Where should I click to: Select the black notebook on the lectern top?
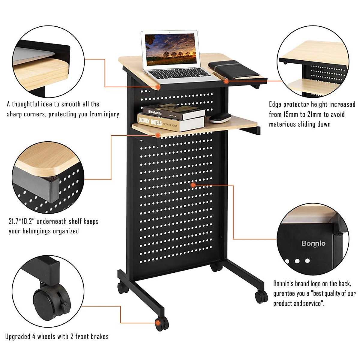click(233, 69)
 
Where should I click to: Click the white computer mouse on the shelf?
click(220, 118)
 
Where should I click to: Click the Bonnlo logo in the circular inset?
click(313, 243)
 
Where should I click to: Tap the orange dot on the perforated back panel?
click(193, 185)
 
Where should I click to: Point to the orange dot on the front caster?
click(158, 323)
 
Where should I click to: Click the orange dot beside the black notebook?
click(226, 81)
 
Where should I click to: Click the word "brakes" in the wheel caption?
click(99, 337)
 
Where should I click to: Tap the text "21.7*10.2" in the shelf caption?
click(22, 222)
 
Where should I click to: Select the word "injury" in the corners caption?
click(111, 114)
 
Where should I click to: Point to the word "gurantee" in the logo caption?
click(284, 293)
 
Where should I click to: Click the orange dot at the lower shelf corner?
click(158, 135)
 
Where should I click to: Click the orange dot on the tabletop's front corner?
click(158, 87)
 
